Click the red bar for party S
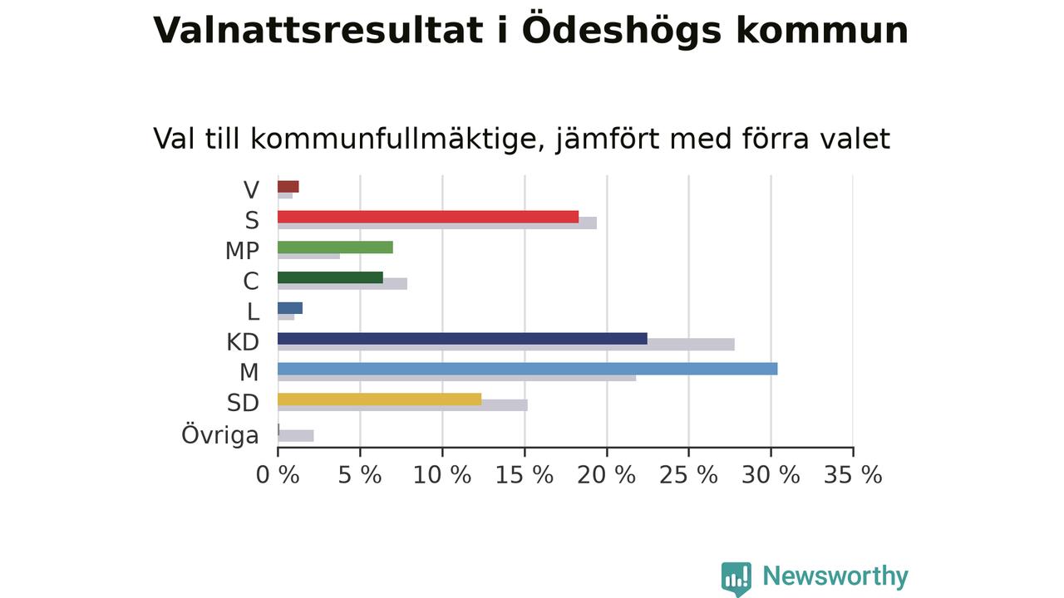[x=428, y=217]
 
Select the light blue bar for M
[x=528, y=369]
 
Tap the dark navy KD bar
[x=463, y=338]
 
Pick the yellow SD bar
[x=380, y=399]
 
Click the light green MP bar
[x=335, y=248]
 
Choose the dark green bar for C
[x=331, y=277]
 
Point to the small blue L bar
[x=290, y=308]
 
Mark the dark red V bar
[x=288, y=187]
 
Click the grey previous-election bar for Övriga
[x=296, y=436]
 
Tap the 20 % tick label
[x=606, y=475]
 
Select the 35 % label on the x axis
[x=853, y=475]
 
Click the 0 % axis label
[x=278, y=475]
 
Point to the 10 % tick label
[x=441, y=475]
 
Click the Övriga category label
[x=220, y=434]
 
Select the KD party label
[x=243, y=342]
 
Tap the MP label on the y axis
[x=242, y=251]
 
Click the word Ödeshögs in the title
[x=622, y=31]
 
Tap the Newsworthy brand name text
[x=835, y=576]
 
